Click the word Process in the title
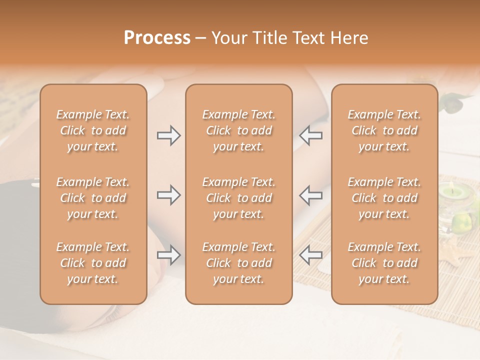(157, 38)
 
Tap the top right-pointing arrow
(168, 135)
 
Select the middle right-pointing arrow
(168, 195)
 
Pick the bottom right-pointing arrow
(168, 255)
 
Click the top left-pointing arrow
(311, 135)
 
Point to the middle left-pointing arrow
(311, 195)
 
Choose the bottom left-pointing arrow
(311, 255)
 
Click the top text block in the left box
(93, 130)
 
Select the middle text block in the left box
(93, 198)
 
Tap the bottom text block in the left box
(93, 263)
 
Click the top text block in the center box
(239, 130)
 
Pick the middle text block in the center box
(239, 198)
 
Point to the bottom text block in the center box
(239, 263)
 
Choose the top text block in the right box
(384, 130)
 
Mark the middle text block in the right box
(384, 198)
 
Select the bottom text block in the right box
(384, 263)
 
